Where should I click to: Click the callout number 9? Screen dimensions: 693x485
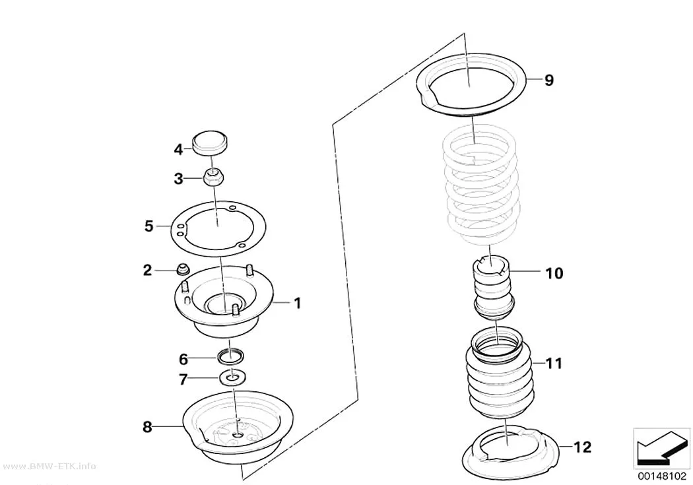548,81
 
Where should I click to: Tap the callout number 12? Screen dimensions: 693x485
583,447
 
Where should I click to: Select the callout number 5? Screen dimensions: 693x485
149,226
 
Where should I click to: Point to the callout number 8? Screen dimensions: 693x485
147,427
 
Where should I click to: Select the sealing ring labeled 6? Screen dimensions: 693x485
231,355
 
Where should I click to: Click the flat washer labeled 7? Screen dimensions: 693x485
233,377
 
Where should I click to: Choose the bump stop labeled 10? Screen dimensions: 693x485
492,288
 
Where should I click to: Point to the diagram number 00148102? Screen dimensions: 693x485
661,476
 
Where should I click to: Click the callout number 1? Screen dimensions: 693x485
298,303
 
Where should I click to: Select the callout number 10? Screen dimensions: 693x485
554,273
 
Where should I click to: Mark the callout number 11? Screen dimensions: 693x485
554,364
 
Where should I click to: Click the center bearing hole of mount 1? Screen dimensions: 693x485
224,304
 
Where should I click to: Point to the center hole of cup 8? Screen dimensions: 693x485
238,436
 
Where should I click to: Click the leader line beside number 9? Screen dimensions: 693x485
533,79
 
